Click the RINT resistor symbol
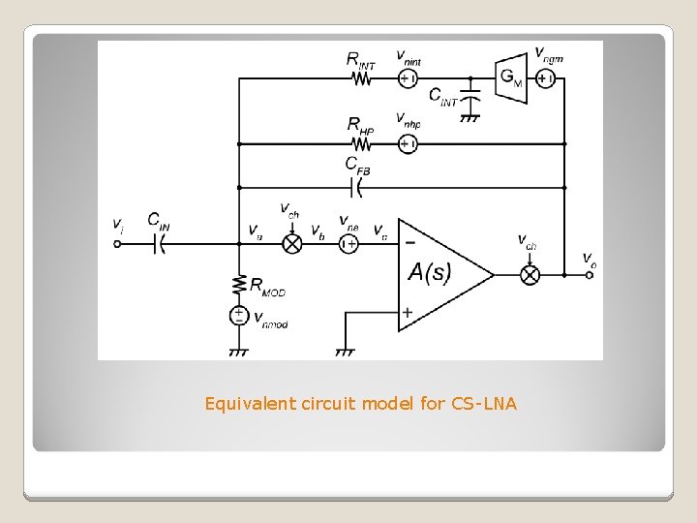361,79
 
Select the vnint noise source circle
408,79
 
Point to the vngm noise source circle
545,79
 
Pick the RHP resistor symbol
361,144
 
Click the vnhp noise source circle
408,144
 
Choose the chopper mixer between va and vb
291,244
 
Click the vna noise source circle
348,244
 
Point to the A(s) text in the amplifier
429,273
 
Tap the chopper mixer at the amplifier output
530,274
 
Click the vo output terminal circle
590,274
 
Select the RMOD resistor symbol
238,285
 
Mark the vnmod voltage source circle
238,316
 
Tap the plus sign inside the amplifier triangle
408,312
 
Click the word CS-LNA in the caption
484,403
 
